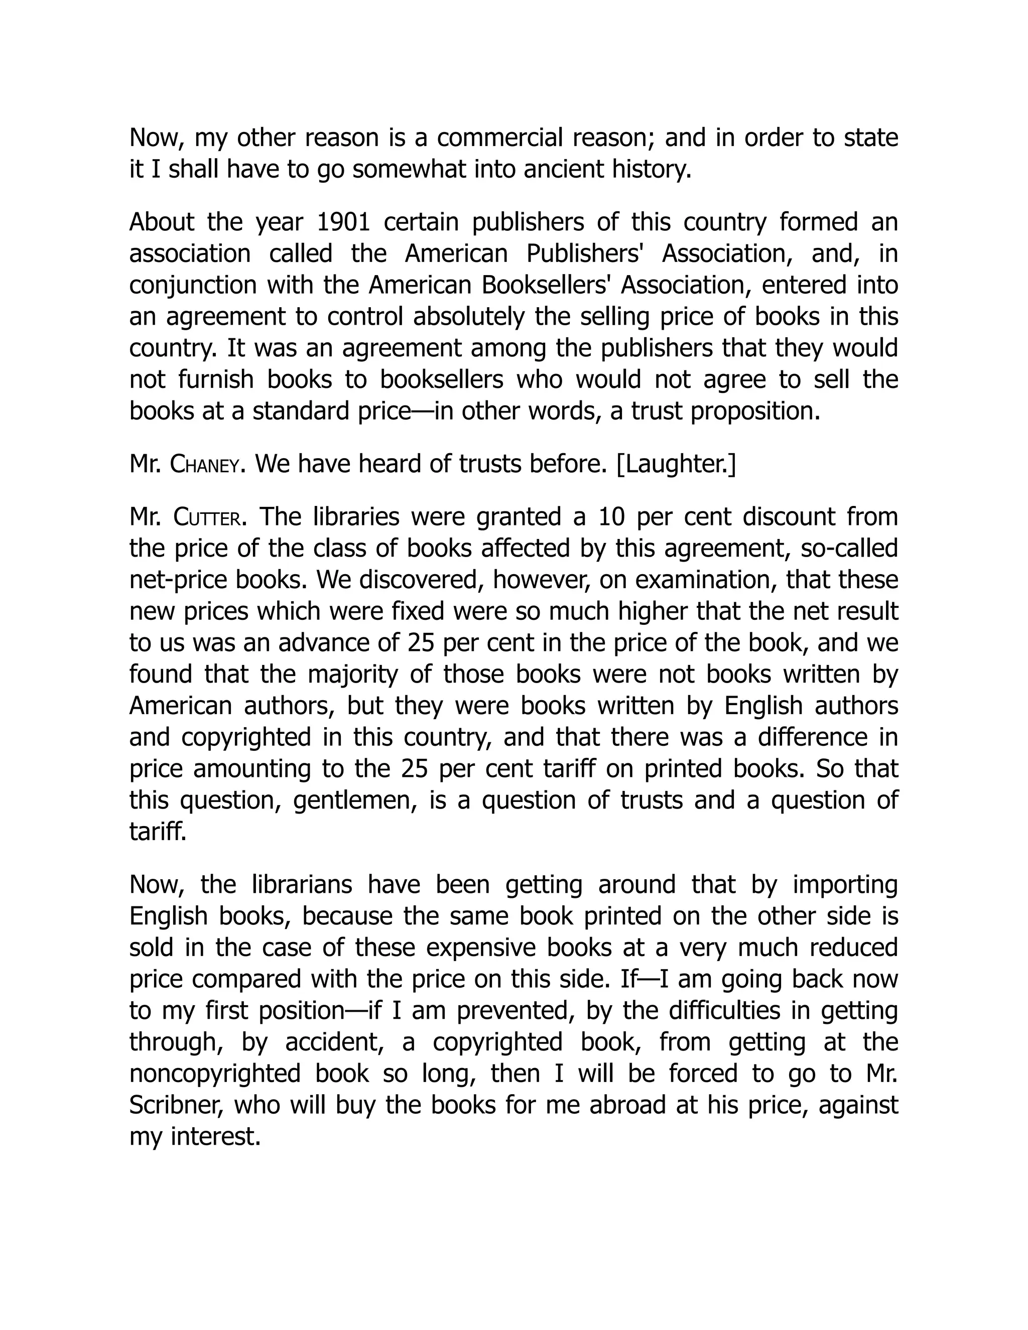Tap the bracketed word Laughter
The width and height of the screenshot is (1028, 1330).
[676, 465]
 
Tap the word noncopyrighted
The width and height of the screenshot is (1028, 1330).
[215, 1074]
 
